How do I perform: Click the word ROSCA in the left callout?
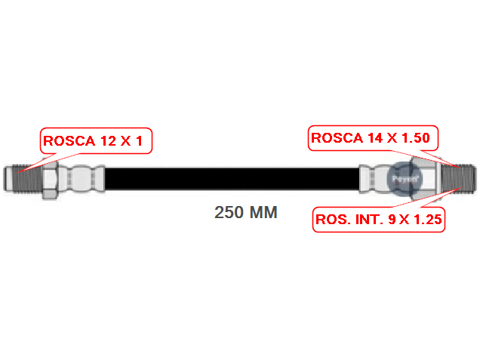(x=68, y=141)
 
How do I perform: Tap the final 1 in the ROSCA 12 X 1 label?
(x=138, y=141)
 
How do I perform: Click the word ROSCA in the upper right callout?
(x=337, y=138)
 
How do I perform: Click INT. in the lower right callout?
(x=368, y=220)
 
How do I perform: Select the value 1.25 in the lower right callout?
(x=423, y=220)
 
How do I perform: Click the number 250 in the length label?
(x=229, y=213)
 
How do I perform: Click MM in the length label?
(x=263, y=213)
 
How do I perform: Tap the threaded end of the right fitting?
(x=458, y=178)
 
